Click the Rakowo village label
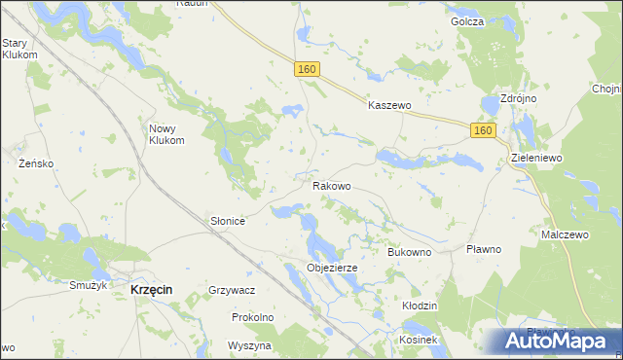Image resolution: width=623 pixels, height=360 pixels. [x=331, y=185]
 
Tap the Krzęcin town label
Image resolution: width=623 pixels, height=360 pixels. [x=151, y=290]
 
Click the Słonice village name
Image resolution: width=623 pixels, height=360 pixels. [x=228, y=222]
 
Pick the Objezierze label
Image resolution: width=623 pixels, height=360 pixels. [x=332, y=268]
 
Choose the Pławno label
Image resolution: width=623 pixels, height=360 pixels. [x=483, y=249]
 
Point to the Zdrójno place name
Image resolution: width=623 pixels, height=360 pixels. [x=518, y=99]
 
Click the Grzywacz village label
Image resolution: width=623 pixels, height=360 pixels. [x=232, y=290]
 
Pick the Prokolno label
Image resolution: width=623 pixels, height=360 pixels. [x=252, y=317]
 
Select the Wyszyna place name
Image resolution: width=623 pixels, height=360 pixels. [x=248, y=345]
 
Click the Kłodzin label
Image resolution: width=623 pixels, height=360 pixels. [x=420, y=306]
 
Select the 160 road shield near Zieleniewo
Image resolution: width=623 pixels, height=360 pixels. [x=483, y=129]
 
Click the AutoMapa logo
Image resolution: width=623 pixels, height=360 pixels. [x=551, y=341]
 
